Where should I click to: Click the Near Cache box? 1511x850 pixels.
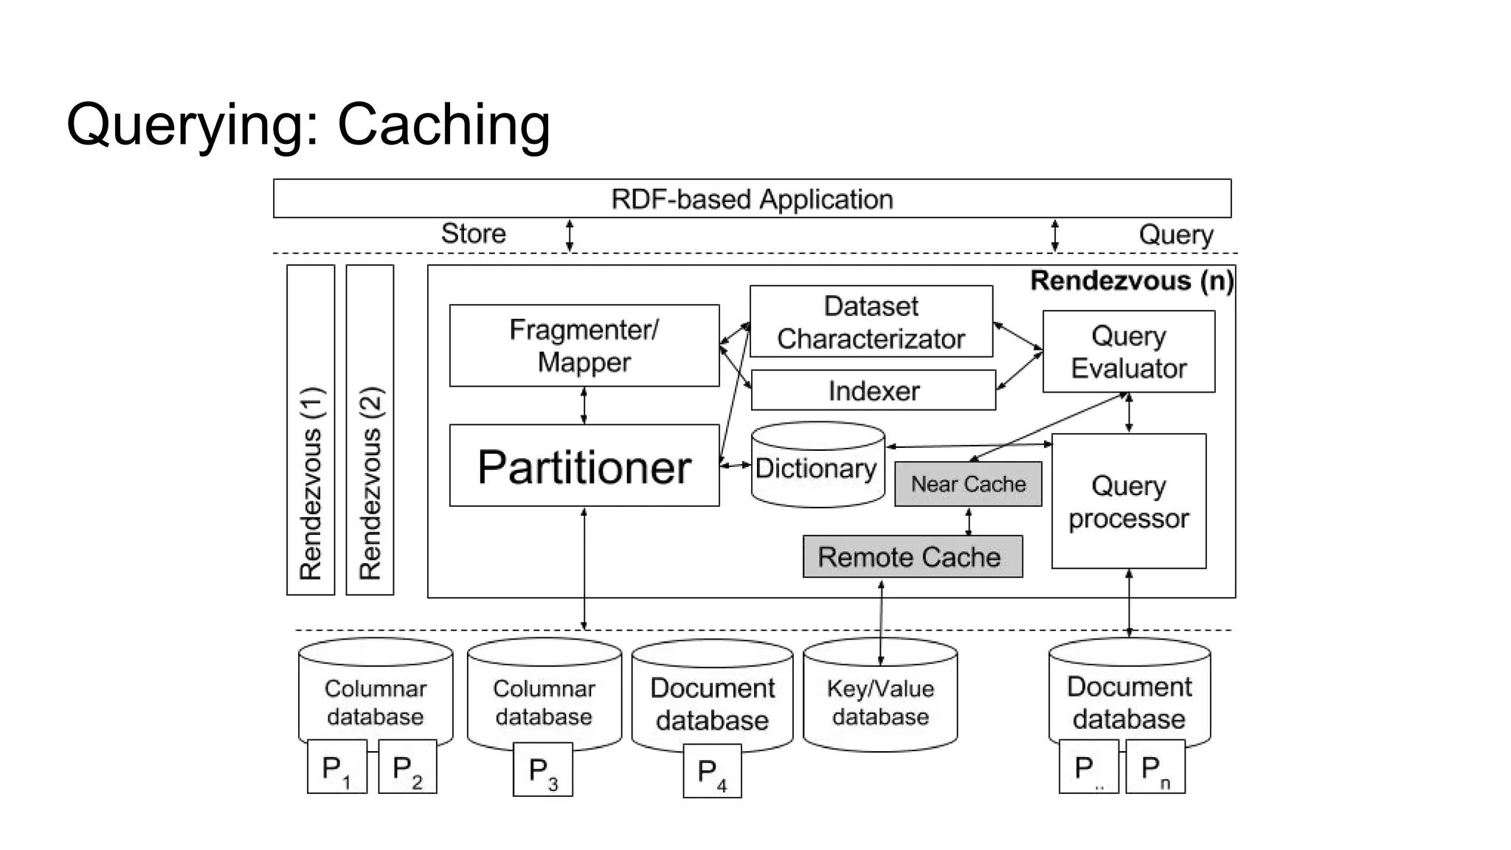point(968,484)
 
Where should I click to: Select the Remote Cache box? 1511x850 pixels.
point(913,557)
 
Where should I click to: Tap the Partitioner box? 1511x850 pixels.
point(584,466)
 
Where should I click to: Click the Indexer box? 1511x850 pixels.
point(874,390)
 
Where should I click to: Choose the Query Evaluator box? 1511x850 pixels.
point(1128,351)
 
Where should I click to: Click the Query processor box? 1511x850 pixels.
point(1128,502)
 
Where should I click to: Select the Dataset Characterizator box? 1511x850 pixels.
point(871,322)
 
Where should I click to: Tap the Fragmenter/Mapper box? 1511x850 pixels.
point(584,345)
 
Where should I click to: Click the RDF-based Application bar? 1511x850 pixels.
point(752,198)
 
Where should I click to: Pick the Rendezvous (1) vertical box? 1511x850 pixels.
point(311,430)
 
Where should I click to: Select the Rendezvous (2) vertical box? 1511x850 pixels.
point(370,430)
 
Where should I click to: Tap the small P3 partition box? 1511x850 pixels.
point(543,770)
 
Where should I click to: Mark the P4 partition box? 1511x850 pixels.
point(712,772)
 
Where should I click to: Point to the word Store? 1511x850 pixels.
point(474,233)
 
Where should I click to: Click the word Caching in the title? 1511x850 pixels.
point(443,124)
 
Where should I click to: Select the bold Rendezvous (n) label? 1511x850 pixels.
point(1131,280)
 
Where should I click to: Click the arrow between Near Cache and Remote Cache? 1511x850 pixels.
point(969,521)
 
